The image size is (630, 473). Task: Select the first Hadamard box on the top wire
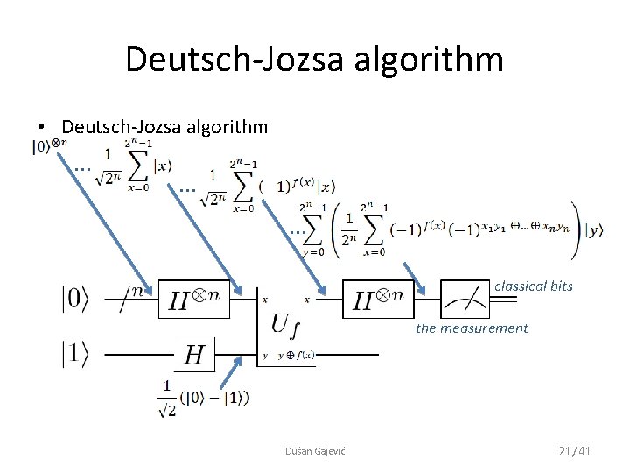[193, 301]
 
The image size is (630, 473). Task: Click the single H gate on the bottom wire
[194, 354]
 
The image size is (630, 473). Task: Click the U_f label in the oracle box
[285, 326]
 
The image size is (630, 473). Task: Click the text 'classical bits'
[533, 286]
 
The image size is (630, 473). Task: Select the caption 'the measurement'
[472, 328]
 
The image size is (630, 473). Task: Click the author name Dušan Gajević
[315, 450]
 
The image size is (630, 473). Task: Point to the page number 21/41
[575, 450]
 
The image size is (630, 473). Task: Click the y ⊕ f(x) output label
[296, 356]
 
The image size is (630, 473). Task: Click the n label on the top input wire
[138, 286]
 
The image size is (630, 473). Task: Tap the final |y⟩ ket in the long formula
[596, 231]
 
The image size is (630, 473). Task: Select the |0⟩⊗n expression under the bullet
[49, 146]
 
